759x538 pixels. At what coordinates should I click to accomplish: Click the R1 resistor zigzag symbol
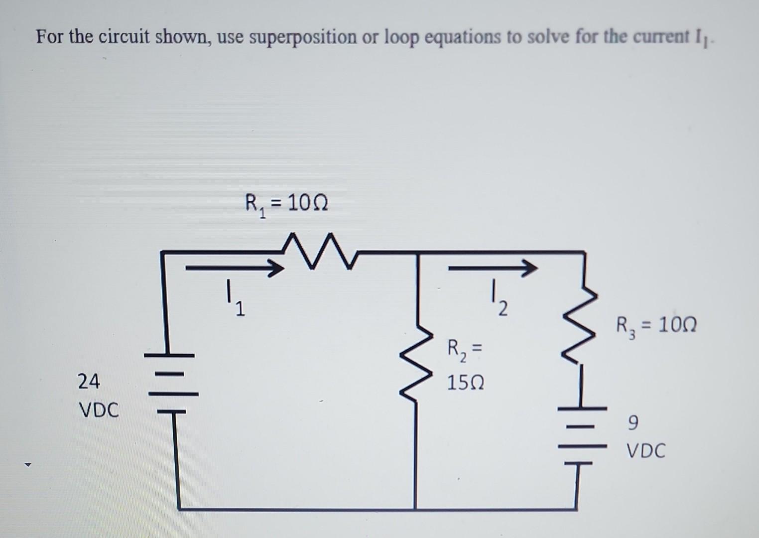tap(318, 253)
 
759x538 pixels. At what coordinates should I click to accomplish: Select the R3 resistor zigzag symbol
tap(578, 324)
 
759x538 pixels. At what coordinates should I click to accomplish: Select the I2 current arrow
tap(493, 269)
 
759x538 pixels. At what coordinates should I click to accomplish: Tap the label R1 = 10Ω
tap(286, 204)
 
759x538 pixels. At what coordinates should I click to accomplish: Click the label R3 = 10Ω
tap(656, 326)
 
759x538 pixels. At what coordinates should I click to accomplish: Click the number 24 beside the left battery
tap(89, 382)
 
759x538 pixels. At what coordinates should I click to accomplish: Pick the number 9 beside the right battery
tap(632, 423)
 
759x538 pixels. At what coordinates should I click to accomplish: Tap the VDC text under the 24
tap(99, 411)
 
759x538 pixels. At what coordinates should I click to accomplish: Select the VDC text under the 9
tap(645, 451)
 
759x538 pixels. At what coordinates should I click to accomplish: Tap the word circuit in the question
tap(126, 37)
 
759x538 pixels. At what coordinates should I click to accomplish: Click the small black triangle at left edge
tap(28, 466)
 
